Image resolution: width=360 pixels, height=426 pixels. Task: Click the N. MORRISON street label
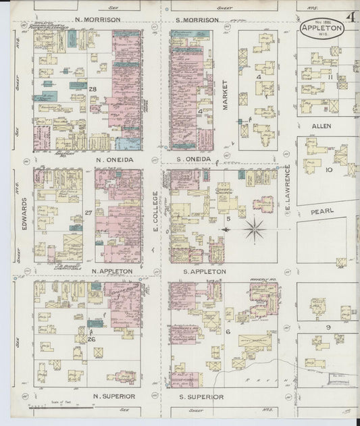pos(98,20)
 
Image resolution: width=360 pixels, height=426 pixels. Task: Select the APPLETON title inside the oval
pos(322,29)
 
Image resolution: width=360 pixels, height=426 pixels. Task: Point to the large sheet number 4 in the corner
pos(351,17)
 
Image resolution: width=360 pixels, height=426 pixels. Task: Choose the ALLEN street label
pos(321,126)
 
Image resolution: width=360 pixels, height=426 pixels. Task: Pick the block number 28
pos(93,89)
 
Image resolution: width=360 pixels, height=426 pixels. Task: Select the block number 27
pos(88,213)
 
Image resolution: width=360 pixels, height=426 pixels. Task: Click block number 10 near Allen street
pos(329,170)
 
